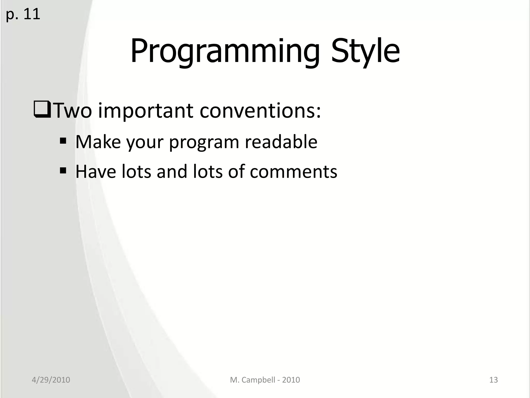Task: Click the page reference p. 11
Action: coord(23,14)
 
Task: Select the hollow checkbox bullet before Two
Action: coord(42,110)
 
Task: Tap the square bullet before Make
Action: coord(63,141)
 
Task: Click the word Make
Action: coord(98,142)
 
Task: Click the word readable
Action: coord(281,142)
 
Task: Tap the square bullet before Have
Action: coord(63,171)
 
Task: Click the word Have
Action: coord(96,172)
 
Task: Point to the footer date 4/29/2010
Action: coord(51,380)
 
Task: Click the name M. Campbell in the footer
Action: coord(252,380)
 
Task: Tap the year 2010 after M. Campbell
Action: coord(291,380)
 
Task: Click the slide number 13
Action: coord(494,380)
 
